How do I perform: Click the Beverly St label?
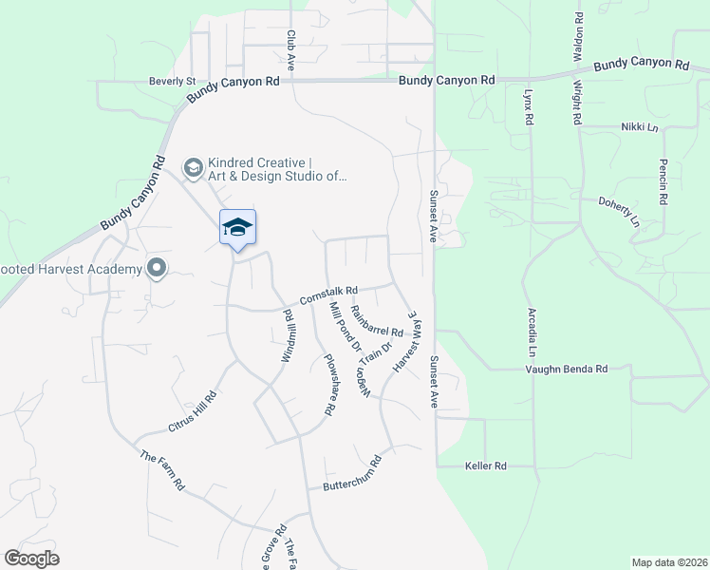[172, 82]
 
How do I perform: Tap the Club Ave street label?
[291, 50]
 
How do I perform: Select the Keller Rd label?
[486, 465]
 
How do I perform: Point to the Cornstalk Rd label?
[327, 296]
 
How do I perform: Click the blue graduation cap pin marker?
[237, 227]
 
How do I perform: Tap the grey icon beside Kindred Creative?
[193, 168]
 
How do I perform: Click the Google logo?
[31, 559]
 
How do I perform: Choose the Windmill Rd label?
[286, 333]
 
